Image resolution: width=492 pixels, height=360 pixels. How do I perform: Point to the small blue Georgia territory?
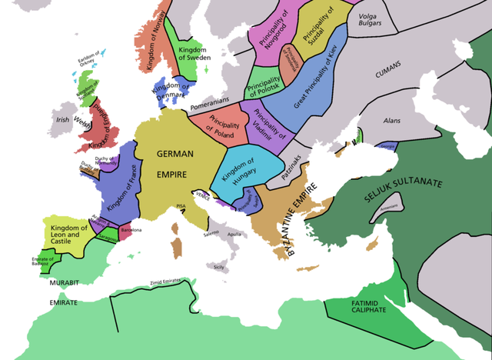click(x=387, y=145)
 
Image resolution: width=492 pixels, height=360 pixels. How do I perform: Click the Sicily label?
click(x=220, y=268)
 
